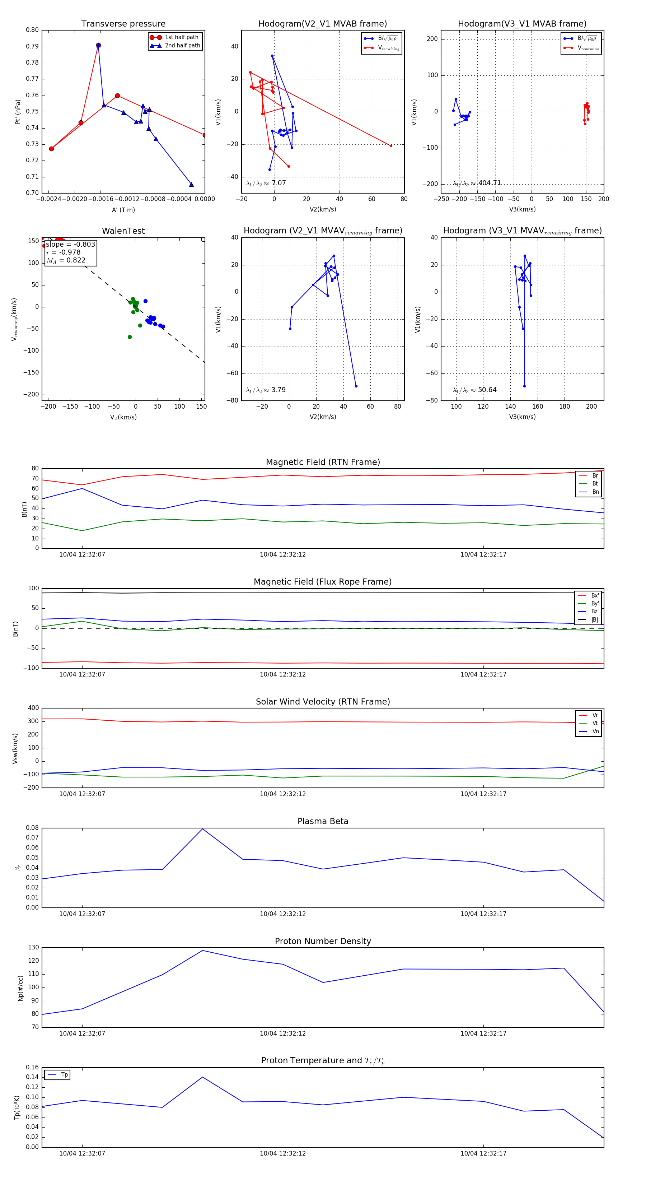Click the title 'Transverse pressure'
[123, 24]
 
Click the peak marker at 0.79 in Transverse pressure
[98, 45]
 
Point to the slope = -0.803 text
[70, 244]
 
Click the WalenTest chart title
[123, 231]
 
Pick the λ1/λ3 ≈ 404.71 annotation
[477, 183]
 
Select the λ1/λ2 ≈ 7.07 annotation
[266, 183]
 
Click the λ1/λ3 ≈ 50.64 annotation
[474, 390]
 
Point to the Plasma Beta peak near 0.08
[203, 829]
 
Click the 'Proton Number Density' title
[323, 941]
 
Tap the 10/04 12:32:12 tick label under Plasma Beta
[283, 914]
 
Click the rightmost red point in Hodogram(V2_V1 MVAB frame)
[391, 146]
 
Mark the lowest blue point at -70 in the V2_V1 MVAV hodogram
[356, 386]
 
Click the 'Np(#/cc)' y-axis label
[20, 988]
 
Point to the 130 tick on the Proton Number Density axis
[34, 948]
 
